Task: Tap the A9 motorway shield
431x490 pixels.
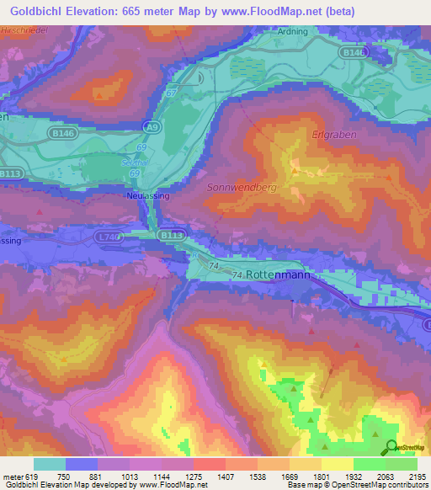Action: click(x=152, y=127)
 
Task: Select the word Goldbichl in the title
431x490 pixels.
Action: click(x=40, y=11)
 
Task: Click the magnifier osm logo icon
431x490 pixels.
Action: click(x=390, y=448)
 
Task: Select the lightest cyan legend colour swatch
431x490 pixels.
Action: click(x=49, y=464)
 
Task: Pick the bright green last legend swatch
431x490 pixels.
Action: click(x=401, y=464)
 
